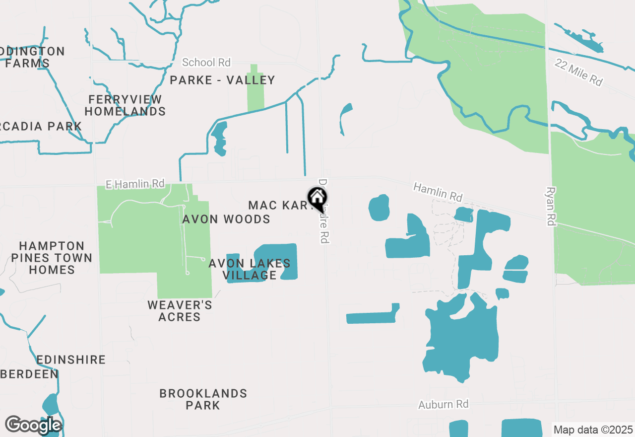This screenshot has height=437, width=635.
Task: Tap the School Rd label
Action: pos(206,63)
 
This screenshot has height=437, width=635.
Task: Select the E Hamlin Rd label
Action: pos(135,184)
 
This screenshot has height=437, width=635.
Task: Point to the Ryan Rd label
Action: pos(550,206)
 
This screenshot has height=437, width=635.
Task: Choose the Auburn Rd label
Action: pos(443,404)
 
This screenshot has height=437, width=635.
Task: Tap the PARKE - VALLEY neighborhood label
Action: pos(222,80)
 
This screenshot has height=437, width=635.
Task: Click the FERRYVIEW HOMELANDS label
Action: pos(125,105)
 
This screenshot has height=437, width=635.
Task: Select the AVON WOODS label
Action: pos(226,219)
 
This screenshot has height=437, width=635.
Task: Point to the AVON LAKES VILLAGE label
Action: pos(250,269)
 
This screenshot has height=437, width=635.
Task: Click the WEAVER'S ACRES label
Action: pos(180,311)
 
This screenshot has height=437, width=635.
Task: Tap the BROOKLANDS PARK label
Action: pos(203,399)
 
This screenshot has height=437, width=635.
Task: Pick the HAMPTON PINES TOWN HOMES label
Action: pos(52,258)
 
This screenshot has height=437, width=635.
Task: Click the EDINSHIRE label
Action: pos(71,360)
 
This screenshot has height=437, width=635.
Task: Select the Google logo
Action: pos(33,425)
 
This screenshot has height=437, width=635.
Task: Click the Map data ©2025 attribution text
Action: pos(593,430)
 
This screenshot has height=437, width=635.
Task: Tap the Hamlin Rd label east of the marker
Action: pos(438,193)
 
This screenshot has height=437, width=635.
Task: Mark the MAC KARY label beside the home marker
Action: pos(278,205)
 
